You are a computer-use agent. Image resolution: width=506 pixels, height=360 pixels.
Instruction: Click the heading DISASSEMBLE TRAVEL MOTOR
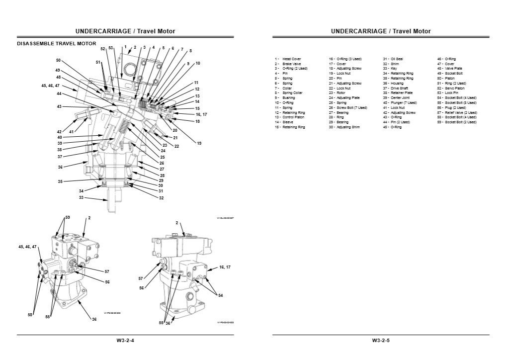click(x=56, y=44)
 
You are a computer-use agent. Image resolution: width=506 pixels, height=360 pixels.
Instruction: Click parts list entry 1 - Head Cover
click(x=288, y=59)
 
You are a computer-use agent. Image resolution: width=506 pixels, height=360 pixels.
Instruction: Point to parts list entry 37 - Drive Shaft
click(x=398, y=88)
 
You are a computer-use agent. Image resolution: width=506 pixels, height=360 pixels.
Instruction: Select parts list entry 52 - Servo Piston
click(x=452, y=88)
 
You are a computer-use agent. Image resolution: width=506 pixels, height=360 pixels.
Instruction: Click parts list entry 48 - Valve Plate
click(x=450, y=69)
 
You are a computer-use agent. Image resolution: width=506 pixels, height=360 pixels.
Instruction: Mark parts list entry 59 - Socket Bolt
click(x=456, y=122)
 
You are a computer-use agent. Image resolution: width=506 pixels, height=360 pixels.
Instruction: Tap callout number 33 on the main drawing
click(x=81, y=198)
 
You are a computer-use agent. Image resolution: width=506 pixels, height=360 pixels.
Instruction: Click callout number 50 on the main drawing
click(x=58, y=60)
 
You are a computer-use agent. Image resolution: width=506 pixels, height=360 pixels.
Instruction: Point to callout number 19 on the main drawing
click(x=199, y=143)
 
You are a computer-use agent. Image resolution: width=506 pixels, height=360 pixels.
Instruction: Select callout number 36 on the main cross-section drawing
click(x=60, y=168)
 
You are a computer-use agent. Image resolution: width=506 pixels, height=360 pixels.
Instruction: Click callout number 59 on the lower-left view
click(x=68, y=217)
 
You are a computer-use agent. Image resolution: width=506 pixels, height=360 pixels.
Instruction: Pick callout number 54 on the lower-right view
click(x=220, y=295)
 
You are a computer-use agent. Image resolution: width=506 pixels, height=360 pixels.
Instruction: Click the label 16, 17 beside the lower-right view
click(x=225, y=267)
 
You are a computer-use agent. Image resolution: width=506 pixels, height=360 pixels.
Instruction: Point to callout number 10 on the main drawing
click(x=197, y=64)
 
